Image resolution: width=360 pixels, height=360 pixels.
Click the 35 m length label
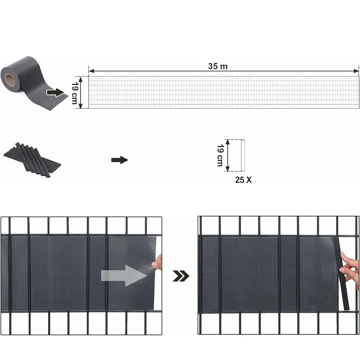tap(218, 66)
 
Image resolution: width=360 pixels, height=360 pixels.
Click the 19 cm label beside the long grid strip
tap(75, 93)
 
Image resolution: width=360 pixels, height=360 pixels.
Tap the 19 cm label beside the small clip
tap(220, 155)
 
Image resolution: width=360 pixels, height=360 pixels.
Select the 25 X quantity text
tap(243, 179)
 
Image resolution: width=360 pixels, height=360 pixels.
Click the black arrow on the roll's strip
tap(55, 92)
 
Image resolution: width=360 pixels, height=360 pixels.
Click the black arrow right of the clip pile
tap(119, 160)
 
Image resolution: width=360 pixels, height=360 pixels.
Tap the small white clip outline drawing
tap(242, 155)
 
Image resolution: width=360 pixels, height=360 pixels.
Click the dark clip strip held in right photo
tap(342, 274)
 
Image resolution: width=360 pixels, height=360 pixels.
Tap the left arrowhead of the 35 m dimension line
tap(90, 71)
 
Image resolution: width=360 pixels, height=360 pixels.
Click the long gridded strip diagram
tap(224, 92)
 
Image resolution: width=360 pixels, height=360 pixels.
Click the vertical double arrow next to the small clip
tap(228, 155)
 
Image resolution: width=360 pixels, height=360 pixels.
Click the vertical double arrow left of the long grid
tap(81, 92)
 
